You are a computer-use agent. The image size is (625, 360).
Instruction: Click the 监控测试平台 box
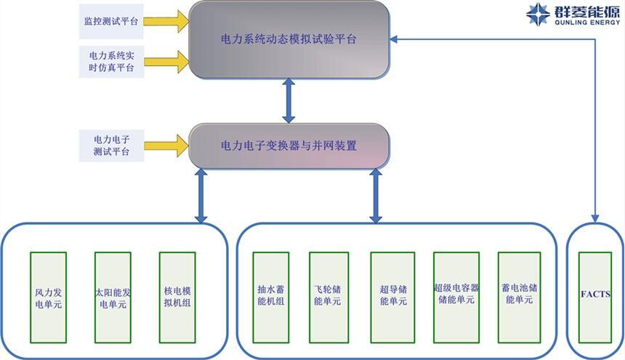[x=110, y=20]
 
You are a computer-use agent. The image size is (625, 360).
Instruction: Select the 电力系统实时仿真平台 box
[x=110, y=62]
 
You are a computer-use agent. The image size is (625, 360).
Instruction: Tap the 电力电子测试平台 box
[x=110, y=145]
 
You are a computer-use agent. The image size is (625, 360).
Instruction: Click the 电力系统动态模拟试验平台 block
[x=289, y=39]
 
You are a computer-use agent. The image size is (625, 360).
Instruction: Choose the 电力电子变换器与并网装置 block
[x=289, y=145]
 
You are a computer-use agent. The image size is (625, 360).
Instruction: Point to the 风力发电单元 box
[x=48, y=297]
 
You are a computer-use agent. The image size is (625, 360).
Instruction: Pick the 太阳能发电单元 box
[x=112, y=297]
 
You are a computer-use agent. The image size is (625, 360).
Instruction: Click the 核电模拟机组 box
[x=177, y=297]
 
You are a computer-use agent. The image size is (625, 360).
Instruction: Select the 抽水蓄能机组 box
[x=270, y=297]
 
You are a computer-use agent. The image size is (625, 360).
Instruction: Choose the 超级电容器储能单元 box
[x=456, y=297]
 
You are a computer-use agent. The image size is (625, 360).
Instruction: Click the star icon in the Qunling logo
[x=539, y=15]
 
